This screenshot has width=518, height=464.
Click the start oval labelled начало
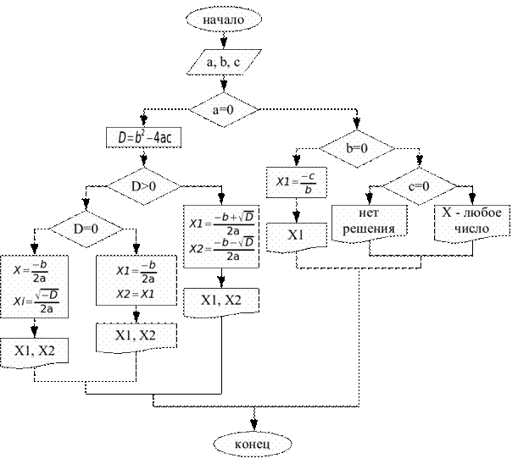point(224,19)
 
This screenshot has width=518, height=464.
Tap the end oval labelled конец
point(253,444)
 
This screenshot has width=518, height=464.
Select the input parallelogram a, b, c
point(225,62)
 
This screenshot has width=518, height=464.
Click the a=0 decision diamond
point(224,109)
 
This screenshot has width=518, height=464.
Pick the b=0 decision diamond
point(357,148)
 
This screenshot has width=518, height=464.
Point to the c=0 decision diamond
point(419,186)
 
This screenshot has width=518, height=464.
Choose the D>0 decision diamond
point(144,186)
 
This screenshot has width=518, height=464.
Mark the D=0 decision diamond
point(86,229)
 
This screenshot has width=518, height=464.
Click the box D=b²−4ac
point(144,137)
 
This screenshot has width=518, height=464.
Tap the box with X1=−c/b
point(297,183)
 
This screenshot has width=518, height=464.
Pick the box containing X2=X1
point(136,280)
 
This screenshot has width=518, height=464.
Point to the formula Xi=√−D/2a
point(36,301)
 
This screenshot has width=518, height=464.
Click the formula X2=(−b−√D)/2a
point(221,248)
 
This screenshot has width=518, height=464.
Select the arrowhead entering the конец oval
point(253,424)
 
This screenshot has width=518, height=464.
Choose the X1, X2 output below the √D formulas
point(221,303)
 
